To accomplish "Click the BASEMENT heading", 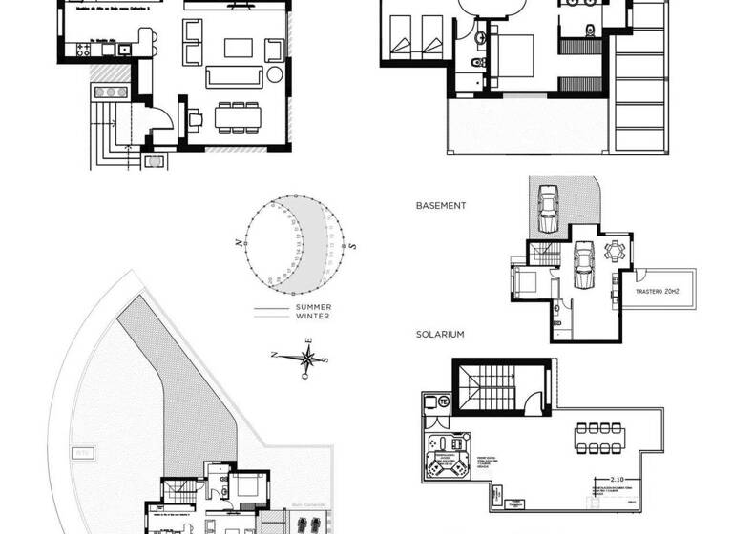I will [x=440, y=205].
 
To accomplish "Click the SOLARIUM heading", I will [x=440, y=335].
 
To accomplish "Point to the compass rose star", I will [x=306, y=359].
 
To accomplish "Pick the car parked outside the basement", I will [x=548, y=208].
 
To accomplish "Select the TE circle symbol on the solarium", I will [x=442, y=402].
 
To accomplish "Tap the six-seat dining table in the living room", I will [x=240, y=116].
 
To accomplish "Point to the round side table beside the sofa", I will [x=276, y=73].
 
